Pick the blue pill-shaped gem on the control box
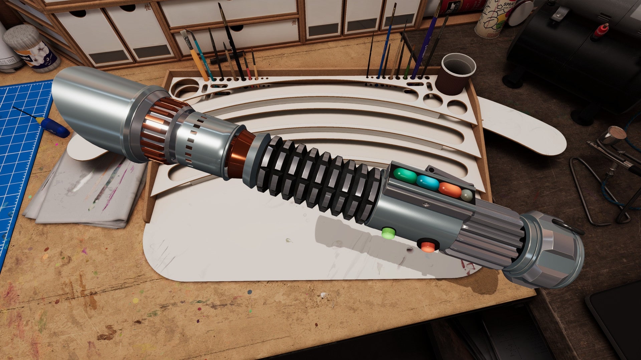click(x=428, y=183)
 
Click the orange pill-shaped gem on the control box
click(x=450, y=189)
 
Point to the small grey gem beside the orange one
click(x=467, y=195)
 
